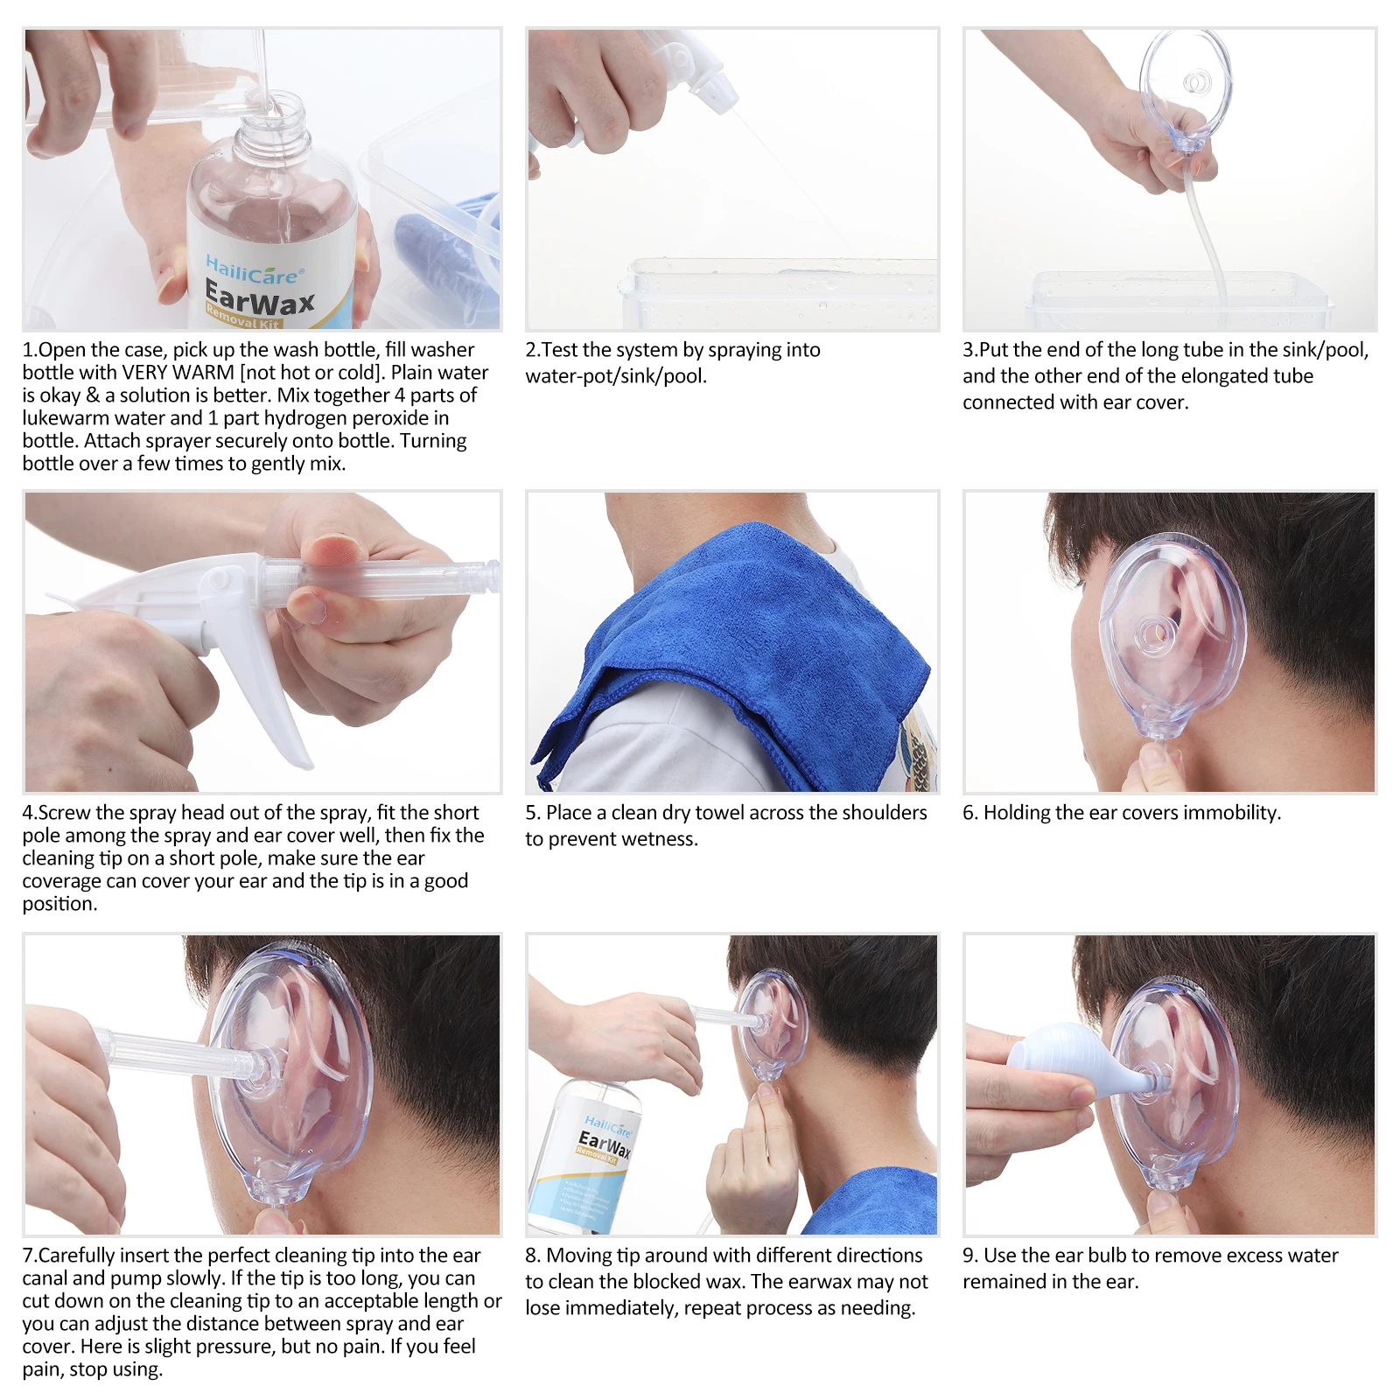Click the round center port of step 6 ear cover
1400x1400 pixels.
click(x=1153, y=632)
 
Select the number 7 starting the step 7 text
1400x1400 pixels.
click(x=28, y=1256)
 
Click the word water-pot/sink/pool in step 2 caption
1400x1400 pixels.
click(x=615, y=376)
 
